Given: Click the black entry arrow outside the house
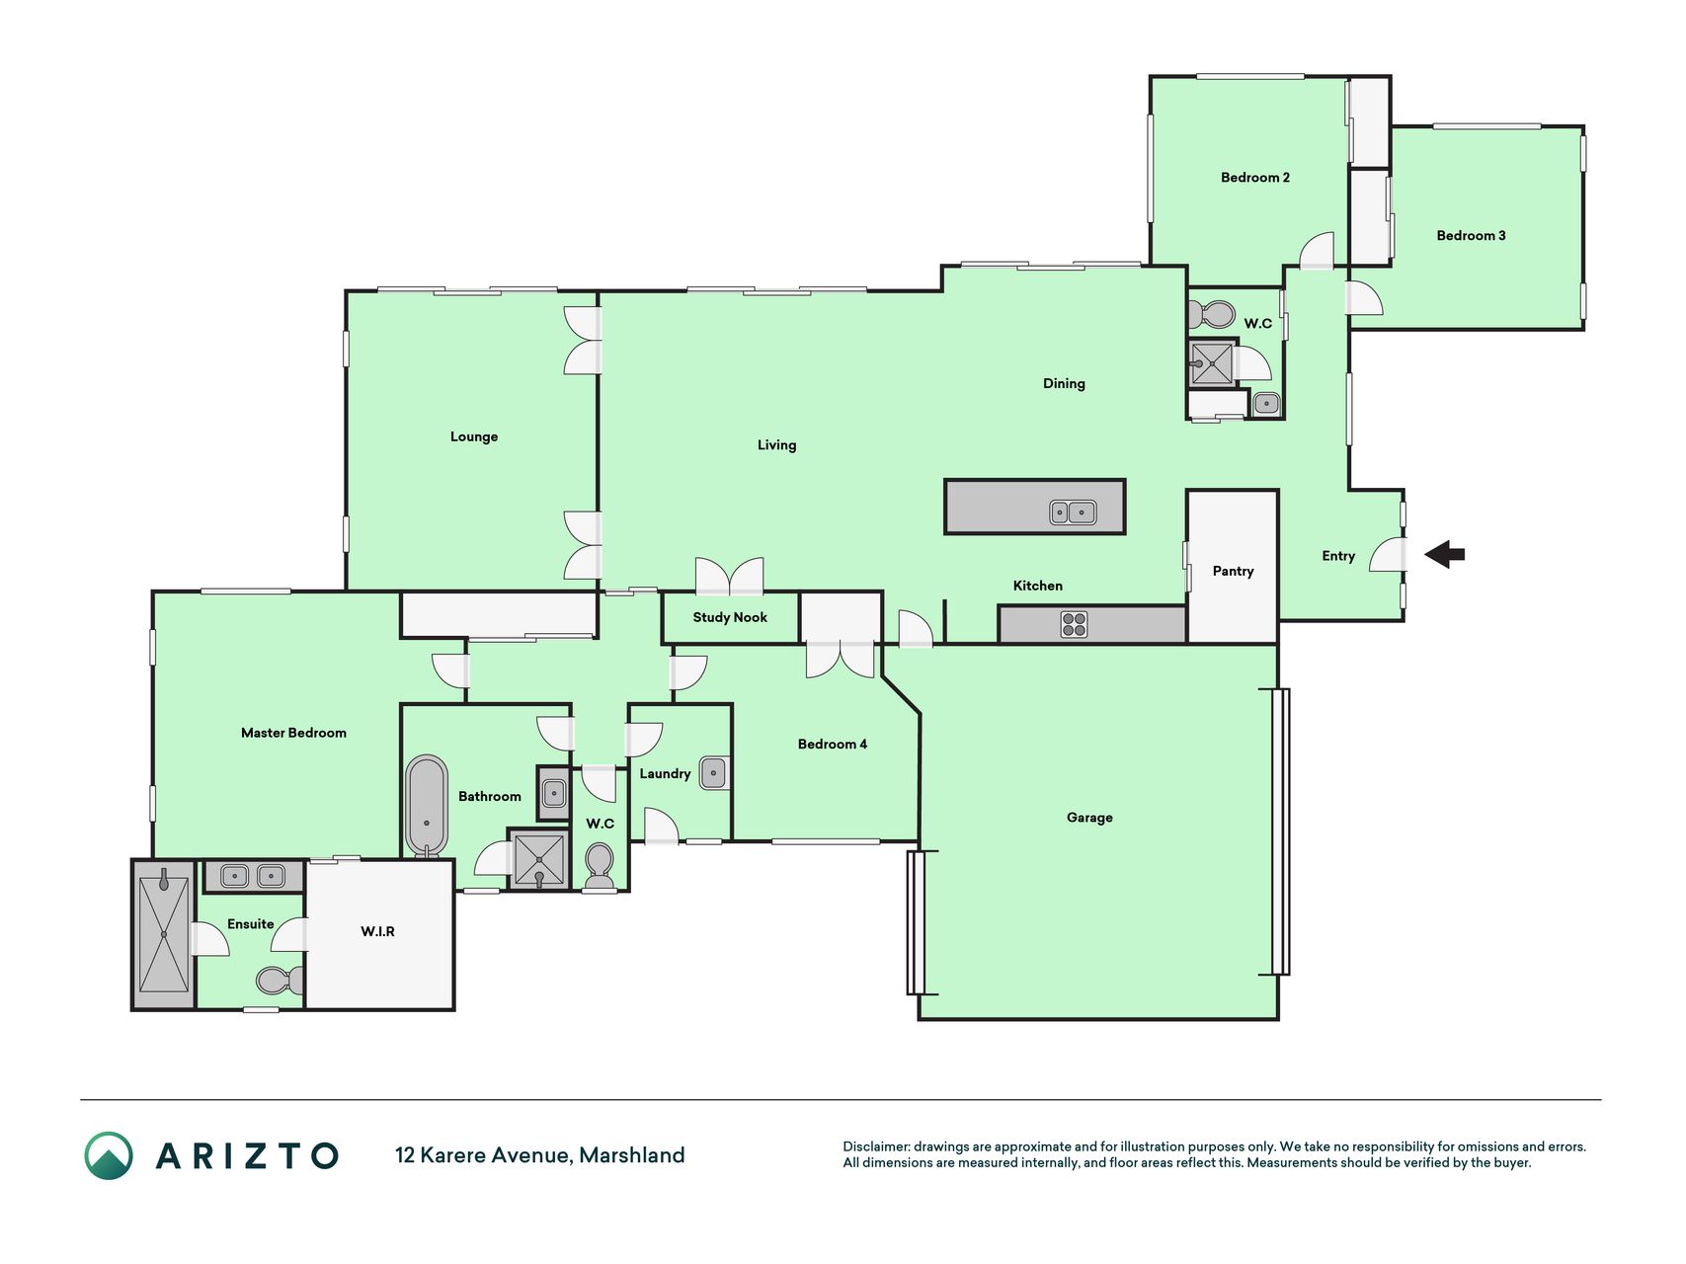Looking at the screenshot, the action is [1445, 555].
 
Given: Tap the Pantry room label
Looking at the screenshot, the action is [1233, 571].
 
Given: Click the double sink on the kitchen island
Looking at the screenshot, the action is [1073, 512].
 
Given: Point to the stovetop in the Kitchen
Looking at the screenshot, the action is [1074, 624].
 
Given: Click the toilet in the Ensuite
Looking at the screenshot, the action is [280, 981].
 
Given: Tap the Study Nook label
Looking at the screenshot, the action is [730, 617].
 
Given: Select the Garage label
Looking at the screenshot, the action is [1089, 818].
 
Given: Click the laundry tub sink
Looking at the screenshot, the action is [713, 773].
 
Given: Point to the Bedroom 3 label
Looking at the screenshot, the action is [1471, 235].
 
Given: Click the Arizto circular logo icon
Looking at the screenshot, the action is [109, 1155].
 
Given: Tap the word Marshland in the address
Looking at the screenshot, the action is [632, 1155].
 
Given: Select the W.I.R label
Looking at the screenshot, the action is [377, 931].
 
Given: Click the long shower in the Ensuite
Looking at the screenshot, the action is [163, 934].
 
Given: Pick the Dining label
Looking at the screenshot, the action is [1064, 383].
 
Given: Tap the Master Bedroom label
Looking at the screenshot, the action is [293, 733].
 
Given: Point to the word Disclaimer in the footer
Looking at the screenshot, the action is [875, 1146].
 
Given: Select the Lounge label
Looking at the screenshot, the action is [474, 436].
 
